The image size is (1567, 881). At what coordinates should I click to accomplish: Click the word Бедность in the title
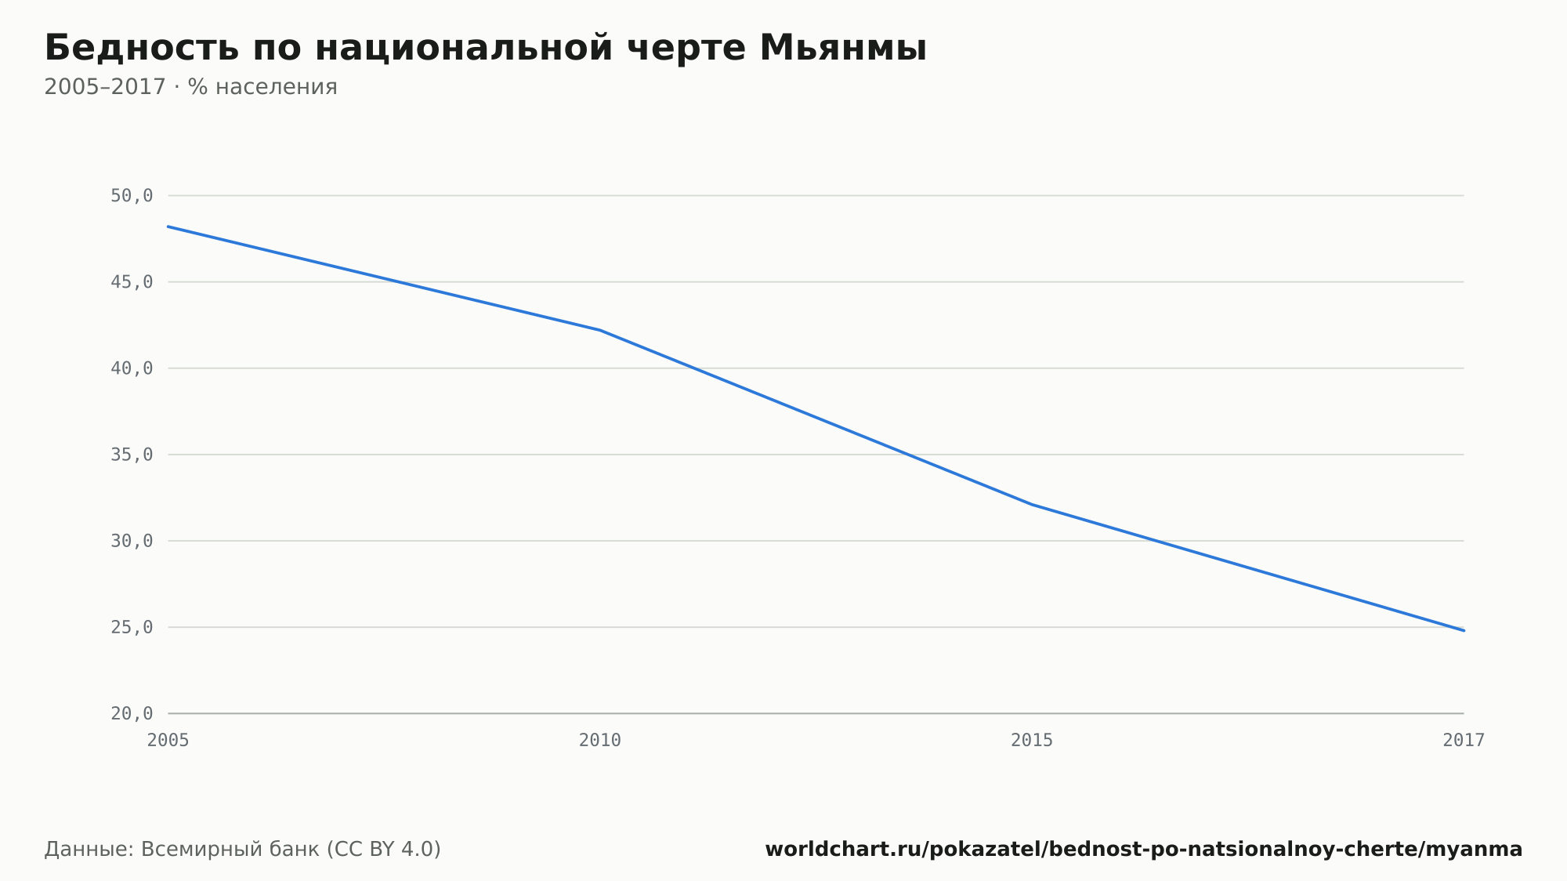(x=142, y=49)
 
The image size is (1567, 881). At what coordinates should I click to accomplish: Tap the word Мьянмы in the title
(x=843, y=49)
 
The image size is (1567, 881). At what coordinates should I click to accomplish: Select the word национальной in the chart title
(x=464, y=49)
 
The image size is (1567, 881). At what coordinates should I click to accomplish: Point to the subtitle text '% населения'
(x=262, y=87)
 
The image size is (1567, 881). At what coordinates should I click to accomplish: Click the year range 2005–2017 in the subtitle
(x=105, y=87)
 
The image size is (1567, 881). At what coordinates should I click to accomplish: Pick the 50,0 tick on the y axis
(x=132, y=196)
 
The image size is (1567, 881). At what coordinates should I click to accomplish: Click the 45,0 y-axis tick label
(x=132, y=282)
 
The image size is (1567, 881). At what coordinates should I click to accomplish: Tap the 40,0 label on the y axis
(x=132, y=368)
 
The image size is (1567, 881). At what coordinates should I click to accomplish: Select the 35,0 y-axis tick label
(x=132, y=455)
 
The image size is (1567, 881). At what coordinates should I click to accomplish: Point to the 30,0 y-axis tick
(x=132, y=541)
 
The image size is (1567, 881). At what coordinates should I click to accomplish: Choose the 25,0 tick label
(x=132, y=627)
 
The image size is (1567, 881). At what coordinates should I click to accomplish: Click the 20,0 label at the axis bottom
(x=132, y=713)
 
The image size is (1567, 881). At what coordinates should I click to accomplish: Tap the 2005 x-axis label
(x=168, y=741)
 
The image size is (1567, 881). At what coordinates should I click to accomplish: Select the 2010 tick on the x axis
(x=600, y=741)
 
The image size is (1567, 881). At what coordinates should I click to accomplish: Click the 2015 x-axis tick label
(x=1032, y=741)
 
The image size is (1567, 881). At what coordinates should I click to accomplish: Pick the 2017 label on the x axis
(x=1464, y=741)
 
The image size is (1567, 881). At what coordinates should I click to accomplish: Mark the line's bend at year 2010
(x=600, y=330)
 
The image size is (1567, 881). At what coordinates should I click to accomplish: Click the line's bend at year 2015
(x=1032, y=504)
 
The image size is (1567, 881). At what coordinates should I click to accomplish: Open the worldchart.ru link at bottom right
(x=1144, y=850)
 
